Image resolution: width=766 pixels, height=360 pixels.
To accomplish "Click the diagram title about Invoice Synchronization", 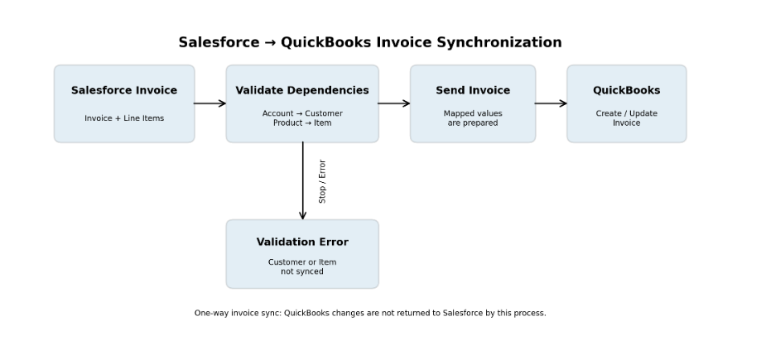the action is [x=370, y=42].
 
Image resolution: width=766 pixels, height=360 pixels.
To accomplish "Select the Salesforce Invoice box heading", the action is [x=124, y=90].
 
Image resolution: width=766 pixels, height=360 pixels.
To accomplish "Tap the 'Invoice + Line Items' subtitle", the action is [x=124, y=118].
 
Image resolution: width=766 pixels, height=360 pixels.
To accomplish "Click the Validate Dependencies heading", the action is [x=302, y=90].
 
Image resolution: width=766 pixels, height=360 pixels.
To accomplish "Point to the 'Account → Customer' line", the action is [x=302, y=113].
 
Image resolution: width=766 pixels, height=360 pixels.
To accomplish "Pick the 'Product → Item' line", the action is [x=302, y=123].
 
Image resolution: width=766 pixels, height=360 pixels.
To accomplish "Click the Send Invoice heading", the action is [x=473, y=90].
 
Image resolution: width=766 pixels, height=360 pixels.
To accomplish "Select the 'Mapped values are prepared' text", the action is [x=473, y=118].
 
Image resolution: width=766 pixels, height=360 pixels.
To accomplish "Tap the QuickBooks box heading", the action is [x=626, y=90].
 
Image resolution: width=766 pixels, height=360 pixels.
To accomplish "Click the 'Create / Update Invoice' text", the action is [x=626, y=118].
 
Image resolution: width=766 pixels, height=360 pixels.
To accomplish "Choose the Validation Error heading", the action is [x=302, y=242].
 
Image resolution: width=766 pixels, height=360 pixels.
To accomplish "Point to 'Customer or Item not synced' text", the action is [x=302, y=266].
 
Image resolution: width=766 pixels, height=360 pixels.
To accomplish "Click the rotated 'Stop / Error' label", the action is [x=322, y=181].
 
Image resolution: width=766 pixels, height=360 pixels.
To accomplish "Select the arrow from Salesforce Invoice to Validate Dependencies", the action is [x=210, y=103].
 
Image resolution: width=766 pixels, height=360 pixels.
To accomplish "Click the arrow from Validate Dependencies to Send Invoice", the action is [x=394, y=103].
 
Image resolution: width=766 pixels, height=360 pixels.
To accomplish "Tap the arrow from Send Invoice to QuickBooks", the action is [x=551, y=103].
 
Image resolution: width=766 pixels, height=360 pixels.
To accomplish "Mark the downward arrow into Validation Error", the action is [x=303, y=180].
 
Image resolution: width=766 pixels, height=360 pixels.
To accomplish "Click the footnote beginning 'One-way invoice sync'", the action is [x=370, y=313].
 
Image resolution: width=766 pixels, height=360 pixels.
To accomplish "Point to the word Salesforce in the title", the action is [x=219, y=42].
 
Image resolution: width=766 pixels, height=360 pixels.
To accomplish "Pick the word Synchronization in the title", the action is [x=499, y=42].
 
